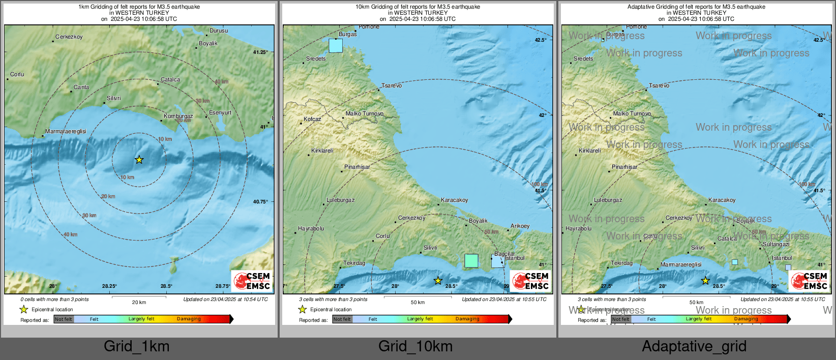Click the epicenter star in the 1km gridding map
pyautogui.click(x=139, y=160)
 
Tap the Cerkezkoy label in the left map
pyautogui.click(x=69, y=37)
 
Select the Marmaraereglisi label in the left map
pyautogui.click(x=66, y=131)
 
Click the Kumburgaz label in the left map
pyautogui.click(x=178, y=116)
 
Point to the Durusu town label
pyautogui.click(x=219, y=31)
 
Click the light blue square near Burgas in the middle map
pyautogui.click(x=336, y=45)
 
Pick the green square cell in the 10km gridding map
pyautogui.click(x=471, y=260)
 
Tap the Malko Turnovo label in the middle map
pyautogui.click(x=365, y=113)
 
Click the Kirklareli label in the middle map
pyautogui.click(x=322, y=151)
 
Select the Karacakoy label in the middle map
pyautogui.click(x=454, y=200)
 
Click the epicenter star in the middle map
pyautogui.click(x=438, y=280)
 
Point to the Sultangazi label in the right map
pyautogui.click(x=776, y=245)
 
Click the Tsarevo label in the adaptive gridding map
pyautogui.click(x=659, y=85)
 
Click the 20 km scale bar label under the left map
pyautogui.click(x=139, y=302)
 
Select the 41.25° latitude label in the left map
pyautogui.click(x=260, y=52)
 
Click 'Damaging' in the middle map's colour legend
pyautogui.click(x=467, y=319)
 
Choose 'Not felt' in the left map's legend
pyautogui.click(x=64, y=319)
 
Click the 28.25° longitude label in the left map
pyautogui.click(x=109, y=286)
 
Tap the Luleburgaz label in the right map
pyautogui.click(x=608, y=200)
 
